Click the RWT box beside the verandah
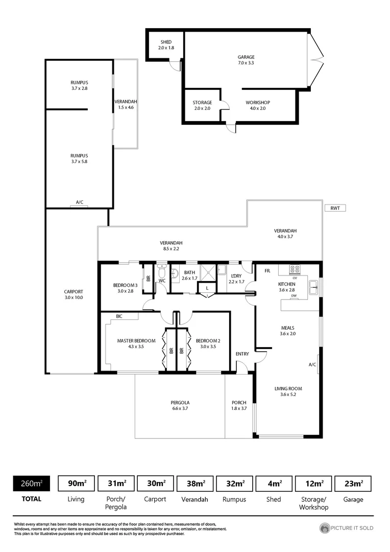point(335,208)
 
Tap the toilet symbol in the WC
point(162,272)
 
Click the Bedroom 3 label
point(126,288)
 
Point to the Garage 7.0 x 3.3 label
point(246,60)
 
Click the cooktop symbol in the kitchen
point(295,269)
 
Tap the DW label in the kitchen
point(294,296)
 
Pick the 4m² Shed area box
point(274,483)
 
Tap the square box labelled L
point(207,288)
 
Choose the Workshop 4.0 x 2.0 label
point(257,105)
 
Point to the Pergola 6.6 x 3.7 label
point(180,406)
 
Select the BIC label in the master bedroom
point(119,316)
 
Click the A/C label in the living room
point(312,365)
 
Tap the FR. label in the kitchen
point(267,270)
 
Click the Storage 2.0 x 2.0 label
point(202,105)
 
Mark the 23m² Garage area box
point(353,483)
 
